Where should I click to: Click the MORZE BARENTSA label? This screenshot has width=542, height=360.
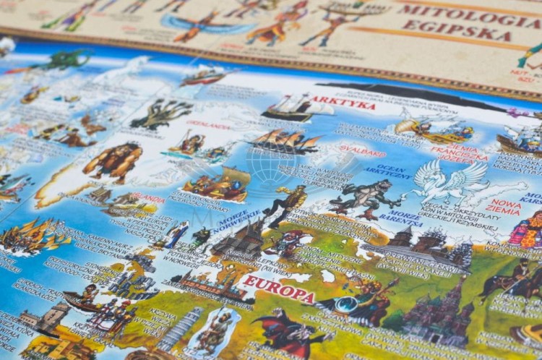pos(401,219)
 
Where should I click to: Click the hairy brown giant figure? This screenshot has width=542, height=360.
pos(113,160)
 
